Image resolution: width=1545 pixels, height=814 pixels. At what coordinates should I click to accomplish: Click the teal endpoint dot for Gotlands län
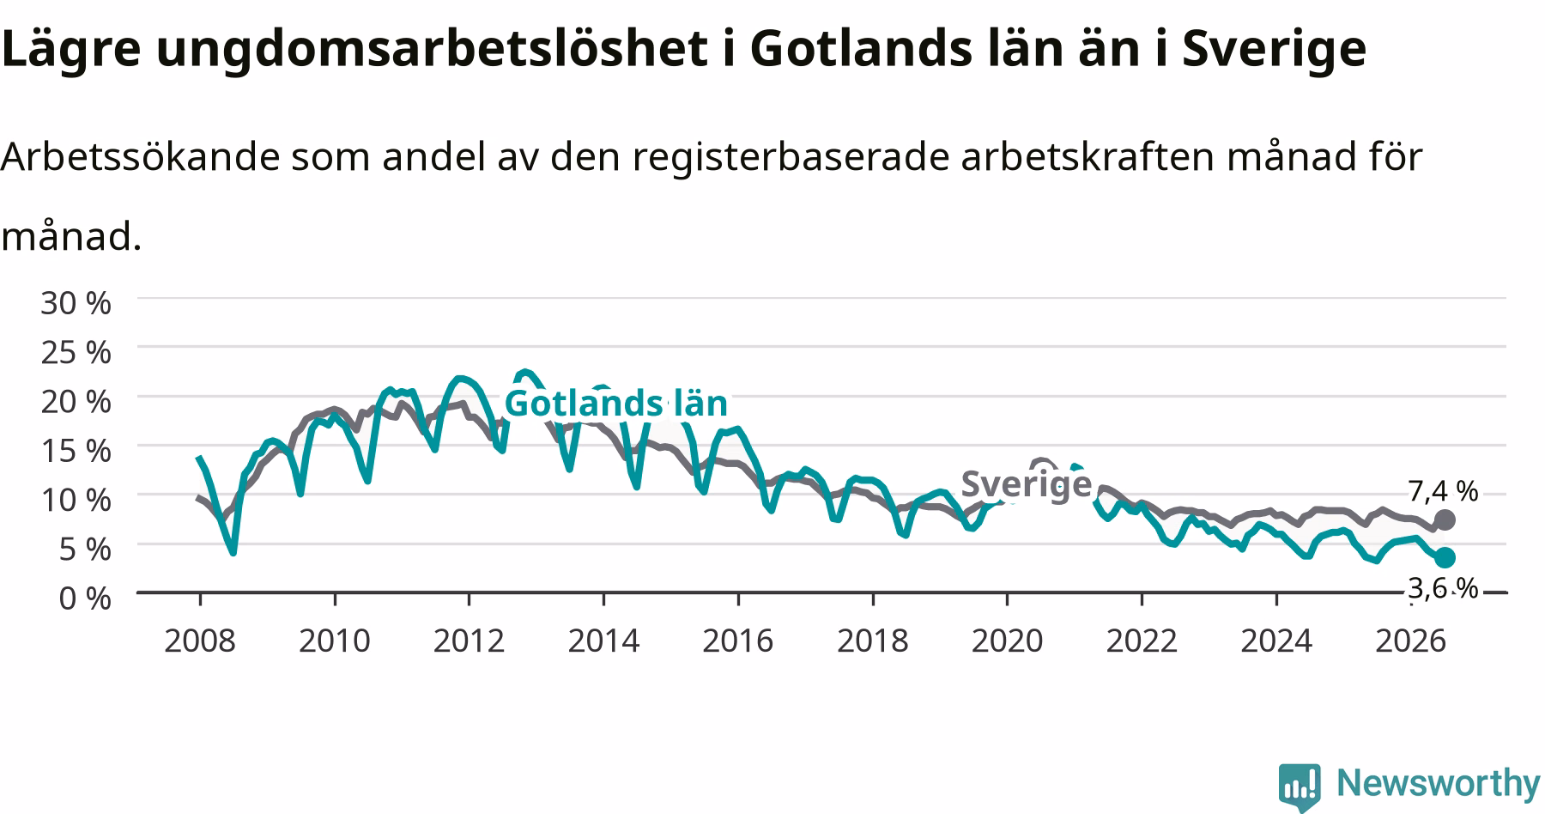tap(1445, 557)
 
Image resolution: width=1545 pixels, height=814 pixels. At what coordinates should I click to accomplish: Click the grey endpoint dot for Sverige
tap(1445, 519)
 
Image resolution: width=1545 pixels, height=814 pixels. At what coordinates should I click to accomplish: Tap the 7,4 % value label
tap(1443, 491)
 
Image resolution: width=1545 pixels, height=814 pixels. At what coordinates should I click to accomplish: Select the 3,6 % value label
tap(1443, 588)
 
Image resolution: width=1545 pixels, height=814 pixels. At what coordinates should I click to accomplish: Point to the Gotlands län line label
tap(615, 403)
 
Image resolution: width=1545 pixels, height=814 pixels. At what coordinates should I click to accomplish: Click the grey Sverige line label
tap(1026, 484)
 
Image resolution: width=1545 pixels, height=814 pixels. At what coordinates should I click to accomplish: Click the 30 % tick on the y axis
tap(76, 302)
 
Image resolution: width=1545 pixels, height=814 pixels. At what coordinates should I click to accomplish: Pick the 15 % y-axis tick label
tap(76, 450)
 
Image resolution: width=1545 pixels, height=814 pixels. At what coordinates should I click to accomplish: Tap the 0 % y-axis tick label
tap(85, 598)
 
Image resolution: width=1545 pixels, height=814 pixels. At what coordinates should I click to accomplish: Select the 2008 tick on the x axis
tap(199, 641)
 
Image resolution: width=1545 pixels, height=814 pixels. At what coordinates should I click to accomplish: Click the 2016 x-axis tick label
tap(737, 641)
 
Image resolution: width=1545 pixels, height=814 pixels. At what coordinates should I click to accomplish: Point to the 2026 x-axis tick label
tap(1410, 641)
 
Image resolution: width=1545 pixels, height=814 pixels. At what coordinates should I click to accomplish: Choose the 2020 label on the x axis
tap(1007, 641)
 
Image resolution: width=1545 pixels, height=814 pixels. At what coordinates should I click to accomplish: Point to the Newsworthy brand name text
tap(1439, 784)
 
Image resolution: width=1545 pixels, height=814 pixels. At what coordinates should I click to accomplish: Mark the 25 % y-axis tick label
tap(76, 352)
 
